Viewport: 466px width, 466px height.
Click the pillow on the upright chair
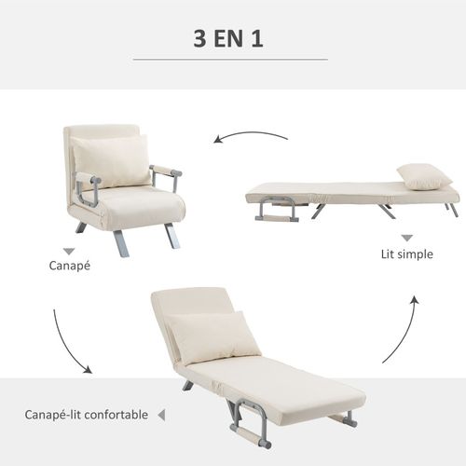(x=110, y=161)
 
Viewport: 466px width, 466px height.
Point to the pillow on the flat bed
(x=424, y=175)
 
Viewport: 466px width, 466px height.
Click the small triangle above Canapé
(x=68, y=249)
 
